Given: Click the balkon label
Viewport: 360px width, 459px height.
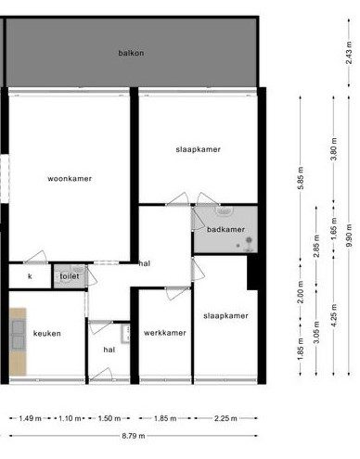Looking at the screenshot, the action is [x=131, y=53].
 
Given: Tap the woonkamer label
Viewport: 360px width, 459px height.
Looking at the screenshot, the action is [x=70, y=179].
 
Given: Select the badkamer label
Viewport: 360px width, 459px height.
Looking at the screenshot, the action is [x=225, y=229].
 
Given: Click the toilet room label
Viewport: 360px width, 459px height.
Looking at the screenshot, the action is [x=70, y=276].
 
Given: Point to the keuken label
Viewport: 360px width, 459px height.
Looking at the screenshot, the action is [x=47, y=334].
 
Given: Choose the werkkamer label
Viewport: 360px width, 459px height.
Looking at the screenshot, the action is [x=165, y=333].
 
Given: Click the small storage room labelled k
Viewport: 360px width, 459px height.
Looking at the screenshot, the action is [x=30, y=276].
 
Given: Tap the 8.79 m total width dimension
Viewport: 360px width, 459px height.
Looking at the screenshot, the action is [x=134, y=436].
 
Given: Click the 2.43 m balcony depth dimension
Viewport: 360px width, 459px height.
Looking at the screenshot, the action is [x=349, y=53].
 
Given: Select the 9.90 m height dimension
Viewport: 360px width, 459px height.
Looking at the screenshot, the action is [x=349, y=236].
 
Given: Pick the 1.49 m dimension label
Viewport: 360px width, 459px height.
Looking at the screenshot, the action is [x=30, y=418].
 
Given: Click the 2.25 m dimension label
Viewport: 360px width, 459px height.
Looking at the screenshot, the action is [x=225, y=418].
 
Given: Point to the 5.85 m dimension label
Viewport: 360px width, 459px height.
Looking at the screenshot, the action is [x=301, y=178].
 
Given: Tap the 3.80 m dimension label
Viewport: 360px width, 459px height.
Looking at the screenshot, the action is [x=334, y=149].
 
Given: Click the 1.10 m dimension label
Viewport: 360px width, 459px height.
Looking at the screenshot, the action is [x=70, y=418].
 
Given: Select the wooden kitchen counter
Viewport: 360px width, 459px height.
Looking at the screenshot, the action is [x=18, y=341].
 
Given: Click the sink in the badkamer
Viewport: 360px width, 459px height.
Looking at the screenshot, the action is [x=225, y=211].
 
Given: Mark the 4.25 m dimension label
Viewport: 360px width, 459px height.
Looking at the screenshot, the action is [x=334, y=315].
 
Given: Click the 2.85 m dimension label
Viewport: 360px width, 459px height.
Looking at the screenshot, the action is [x=316, y=246].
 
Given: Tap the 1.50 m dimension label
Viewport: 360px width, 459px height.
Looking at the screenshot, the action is [x=109, y=418].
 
